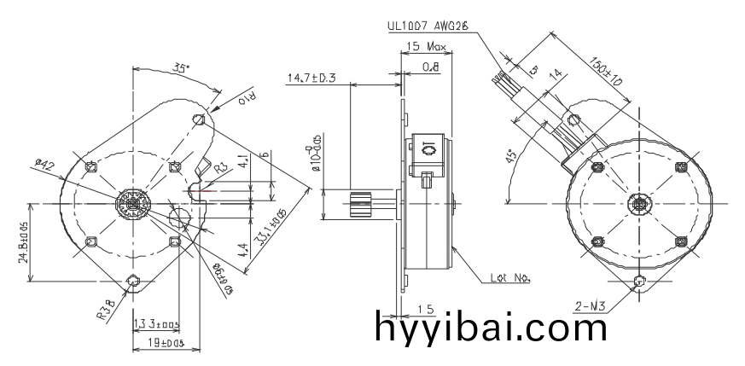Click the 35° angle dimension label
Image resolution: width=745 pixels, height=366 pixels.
tap(181, 67)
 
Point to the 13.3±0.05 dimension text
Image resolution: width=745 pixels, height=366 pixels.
tap(155, 324)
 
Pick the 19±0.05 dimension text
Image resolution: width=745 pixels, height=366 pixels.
tap(160, 342)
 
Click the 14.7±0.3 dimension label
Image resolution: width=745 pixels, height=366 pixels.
tap(311, 78)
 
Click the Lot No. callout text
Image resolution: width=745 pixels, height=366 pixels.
tap(511, 276)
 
